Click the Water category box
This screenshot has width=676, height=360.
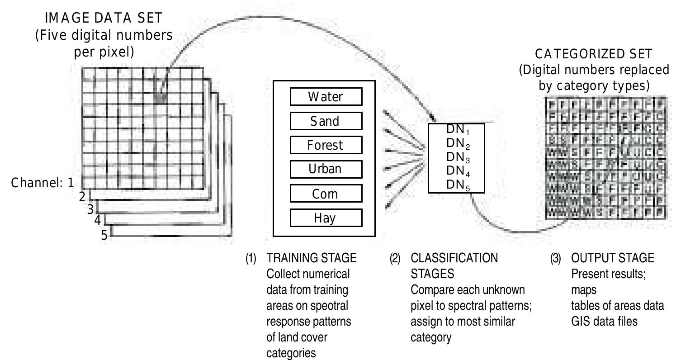(x=326, y=97)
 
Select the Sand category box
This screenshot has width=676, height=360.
(x=326, y=121)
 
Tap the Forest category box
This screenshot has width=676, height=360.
(x=326, y=145)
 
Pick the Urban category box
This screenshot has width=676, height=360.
(x=326, y=169)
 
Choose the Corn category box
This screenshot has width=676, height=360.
(x=326, y=194)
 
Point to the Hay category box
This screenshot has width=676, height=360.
(x=326, y=218)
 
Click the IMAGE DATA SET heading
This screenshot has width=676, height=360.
(x=104, y=19)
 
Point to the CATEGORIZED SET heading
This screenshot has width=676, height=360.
(x=594, y=54)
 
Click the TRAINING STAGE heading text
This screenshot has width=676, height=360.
(x=312, y=258)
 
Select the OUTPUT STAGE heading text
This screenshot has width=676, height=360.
(x=613, y=258)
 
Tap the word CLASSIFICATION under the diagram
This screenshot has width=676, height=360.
(x=454, y=258)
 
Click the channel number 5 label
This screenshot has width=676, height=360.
(x=104, y=235)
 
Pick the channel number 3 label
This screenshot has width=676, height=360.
(x=90, y=209)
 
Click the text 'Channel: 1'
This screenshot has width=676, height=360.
(x=42, y=183)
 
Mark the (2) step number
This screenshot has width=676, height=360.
(x=395, y=259)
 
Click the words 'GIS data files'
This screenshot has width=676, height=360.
(x=605, y=322)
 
